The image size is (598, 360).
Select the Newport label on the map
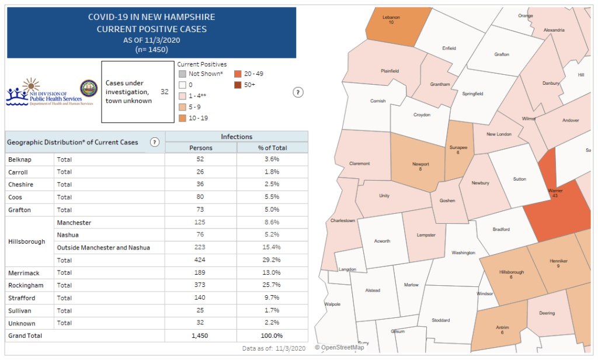tap(420, 164)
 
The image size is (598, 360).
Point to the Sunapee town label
tap(458, 148)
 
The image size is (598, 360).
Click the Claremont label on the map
tap(359, 163)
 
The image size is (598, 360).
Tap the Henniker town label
tap(558, 261)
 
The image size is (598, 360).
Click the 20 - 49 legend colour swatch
tap(238, 74)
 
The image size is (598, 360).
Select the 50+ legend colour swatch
tap(238, 85)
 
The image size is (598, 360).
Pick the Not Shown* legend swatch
tap(182, 74)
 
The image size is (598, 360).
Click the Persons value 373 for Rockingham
tap(201, 285)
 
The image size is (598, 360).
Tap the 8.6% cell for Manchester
tap(272, 223)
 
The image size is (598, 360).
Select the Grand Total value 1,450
tap(201, 335)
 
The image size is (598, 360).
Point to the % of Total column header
tap(272, 147)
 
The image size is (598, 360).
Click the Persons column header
tap(201, 147)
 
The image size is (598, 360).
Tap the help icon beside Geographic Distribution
tap(155, 142)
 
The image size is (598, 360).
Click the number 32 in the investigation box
tap(164, 92)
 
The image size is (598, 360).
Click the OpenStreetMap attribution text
tap(339, 348)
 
